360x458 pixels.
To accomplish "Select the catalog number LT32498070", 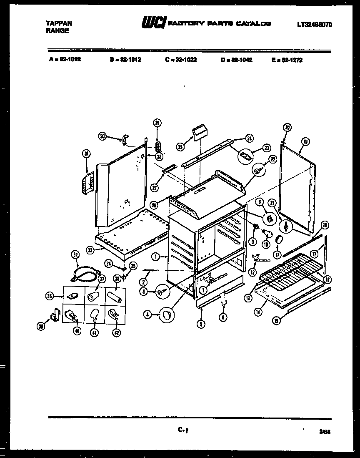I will (315, 25).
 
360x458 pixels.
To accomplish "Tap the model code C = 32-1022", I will (180, 60).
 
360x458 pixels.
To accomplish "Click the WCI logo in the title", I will (154, 24).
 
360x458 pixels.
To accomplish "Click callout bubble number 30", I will (103, 135).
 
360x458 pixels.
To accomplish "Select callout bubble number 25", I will (180, 146).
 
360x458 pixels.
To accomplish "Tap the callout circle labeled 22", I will (273, 159).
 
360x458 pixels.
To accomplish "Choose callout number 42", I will (116, 333).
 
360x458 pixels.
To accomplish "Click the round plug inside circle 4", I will (167, 315).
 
